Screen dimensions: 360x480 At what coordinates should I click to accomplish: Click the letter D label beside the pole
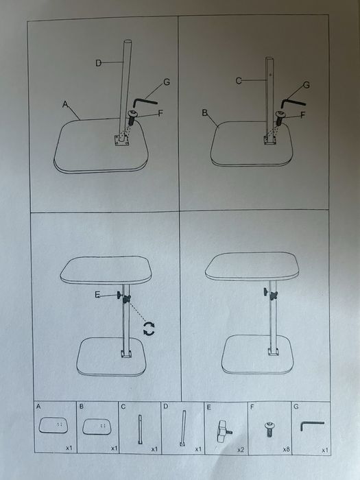point(98,63)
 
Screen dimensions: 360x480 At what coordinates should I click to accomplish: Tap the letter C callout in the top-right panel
point(239,81)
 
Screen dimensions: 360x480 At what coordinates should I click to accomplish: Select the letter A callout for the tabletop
point(65,104)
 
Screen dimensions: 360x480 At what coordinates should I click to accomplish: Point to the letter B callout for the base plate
point(205,113)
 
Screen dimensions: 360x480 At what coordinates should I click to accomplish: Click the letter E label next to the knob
point(97,295)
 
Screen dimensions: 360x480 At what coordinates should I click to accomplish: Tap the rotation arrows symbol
point(149,328)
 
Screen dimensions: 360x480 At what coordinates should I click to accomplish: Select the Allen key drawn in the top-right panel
point(293,102)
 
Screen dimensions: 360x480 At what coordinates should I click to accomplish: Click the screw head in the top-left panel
point(132,115)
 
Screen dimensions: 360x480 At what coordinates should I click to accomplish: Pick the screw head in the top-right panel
point(280,115)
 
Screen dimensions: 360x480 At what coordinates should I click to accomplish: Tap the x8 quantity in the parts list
point(286,449)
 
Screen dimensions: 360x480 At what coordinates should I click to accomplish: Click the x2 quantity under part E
point(241,450)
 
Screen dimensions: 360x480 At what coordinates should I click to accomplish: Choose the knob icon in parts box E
point(224,431)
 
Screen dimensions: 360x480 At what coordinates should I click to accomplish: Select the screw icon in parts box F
point(269,429)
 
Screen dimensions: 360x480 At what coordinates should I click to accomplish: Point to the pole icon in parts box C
point(140,429)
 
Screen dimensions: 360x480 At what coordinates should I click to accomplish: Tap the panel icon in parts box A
point(53,426)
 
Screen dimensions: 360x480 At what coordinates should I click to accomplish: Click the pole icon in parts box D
point(183,429)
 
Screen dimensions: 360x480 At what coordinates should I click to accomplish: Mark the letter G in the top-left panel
point(167,82)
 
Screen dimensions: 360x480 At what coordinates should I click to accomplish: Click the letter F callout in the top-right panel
point(303,115)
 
